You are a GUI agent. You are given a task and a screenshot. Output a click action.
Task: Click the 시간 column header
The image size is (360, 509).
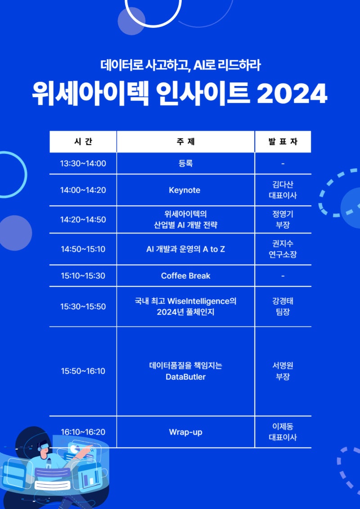[83, 141]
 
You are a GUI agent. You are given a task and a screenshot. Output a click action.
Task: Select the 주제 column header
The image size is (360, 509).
[185, 141]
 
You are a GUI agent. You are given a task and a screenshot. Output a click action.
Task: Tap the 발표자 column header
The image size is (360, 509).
[283, 141]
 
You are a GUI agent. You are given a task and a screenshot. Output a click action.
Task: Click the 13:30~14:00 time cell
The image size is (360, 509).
[83, 163]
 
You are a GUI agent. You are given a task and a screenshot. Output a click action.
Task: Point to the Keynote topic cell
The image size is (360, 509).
[184, 190]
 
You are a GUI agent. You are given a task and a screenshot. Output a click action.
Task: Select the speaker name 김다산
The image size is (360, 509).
[283, 185]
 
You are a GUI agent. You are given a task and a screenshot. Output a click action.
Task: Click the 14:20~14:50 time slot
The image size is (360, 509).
[83, 220]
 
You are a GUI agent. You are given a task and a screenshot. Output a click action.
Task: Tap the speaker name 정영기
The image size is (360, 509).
[283, 214]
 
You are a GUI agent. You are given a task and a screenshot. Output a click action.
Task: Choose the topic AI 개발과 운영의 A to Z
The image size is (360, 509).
[185, 249]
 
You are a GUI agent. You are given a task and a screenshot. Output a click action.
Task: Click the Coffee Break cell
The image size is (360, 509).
[185, 276]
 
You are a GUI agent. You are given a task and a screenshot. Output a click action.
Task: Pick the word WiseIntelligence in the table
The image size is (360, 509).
[198, 301]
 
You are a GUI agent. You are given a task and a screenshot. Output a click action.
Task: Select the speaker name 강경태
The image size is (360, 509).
[283, 301]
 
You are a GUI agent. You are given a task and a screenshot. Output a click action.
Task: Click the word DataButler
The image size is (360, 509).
[185, 377]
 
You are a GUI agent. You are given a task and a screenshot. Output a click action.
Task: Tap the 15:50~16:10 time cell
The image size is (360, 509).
[83, 371]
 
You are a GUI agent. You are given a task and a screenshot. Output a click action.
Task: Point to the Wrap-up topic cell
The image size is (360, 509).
[185, 432]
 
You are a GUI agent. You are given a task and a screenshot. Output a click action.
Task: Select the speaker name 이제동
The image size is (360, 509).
[283, 426]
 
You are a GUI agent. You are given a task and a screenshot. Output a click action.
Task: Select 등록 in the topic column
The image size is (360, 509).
[185, 163]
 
